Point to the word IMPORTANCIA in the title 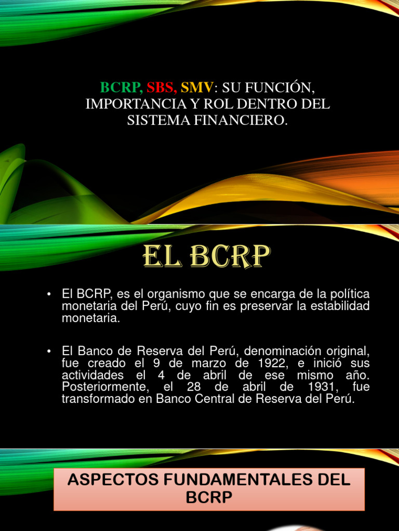point(132,103)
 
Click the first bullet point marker point(49,295)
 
